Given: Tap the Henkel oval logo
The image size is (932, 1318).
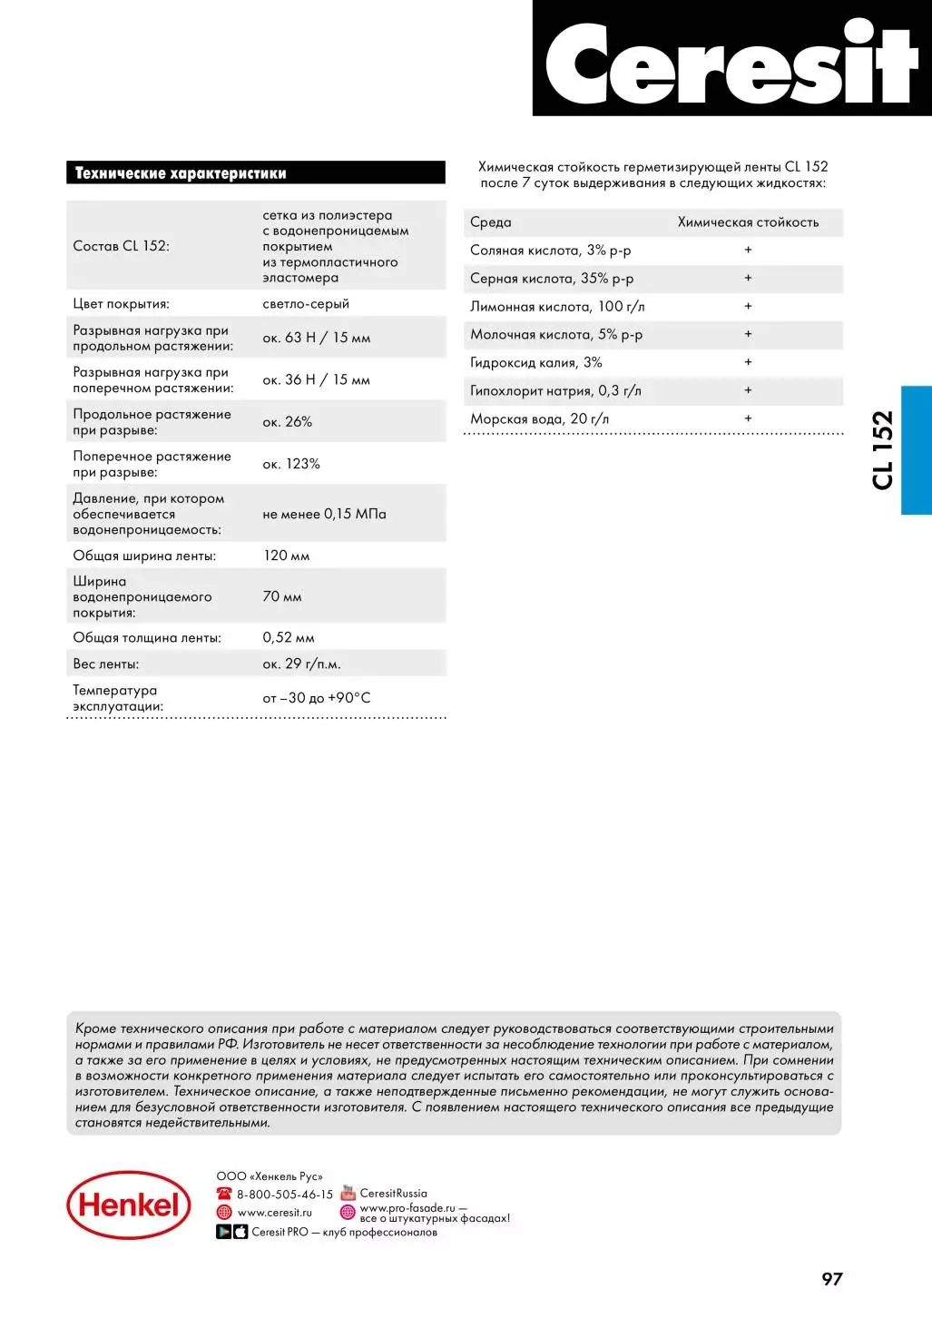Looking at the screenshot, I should click(129, 1205).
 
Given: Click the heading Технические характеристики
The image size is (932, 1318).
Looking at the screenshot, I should click(181, 173).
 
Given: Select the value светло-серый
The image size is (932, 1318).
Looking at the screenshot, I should click(306, 304).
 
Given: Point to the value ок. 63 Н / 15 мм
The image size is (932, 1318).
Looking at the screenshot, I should click(317, 338).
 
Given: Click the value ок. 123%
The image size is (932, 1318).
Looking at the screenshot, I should click(291, 464).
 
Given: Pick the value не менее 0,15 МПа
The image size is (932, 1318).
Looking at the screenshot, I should click(324, 514).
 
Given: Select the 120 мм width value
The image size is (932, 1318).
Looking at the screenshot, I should click(286, 556).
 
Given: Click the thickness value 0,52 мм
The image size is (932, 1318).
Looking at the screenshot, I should click(289, 638).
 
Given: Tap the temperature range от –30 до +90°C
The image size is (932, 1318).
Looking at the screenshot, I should click(317, 698).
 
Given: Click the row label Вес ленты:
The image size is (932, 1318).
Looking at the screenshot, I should click(106, 664).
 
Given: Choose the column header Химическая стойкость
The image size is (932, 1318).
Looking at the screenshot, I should click(748, 222).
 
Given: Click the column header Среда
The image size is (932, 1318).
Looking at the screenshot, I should click(491, 222).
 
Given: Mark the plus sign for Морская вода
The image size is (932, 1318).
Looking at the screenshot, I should click(748, 418).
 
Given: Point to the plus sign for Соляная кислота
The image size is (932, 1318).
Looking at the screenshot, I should click(748, 250).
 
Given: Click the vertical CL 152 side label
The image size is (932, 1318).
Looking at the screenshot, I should click(883, 450).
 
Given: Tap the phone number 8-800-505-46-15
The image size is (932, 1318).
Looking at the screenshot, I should click(285, 1195).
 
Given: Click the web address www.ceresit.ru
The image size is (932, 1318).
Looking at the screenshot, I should click(274, 1213).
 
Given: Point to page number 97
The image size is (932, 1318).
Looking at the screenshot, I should click(832, 1279).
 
